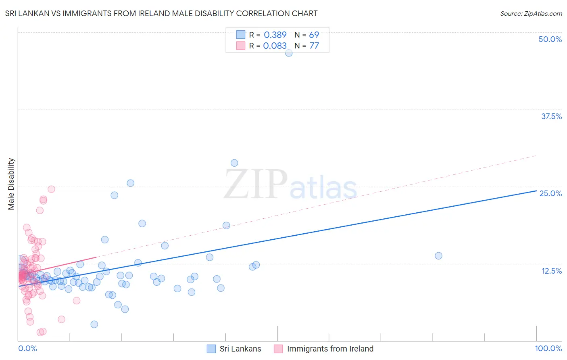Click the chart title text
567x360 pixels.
click(x=161, y=13)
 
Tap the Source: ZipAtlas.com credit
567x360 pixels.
click(x=531, y=13)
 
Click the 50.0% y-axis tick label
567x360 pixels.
click(x=550, y=39)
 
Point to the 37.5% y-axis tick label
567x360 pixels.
click(x=551, y=116)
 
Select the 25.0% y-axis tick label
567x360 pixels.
click(x=550, y=193)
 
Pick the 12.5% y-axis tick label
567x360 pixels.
click(x=551, y=271)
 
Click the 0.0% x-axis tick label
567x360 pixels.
click(x=27, y=348)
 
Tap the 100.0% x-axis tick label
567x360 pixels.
click(x=548, y=348)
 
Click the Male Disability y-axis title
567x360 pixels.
click(x=11, y=184)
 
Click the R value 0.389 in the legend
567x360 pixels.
click(x=275, y=35)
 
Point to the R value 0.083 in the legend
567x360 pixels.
click(x=275, y=46)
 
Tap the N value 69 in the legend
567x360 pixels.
click(x=314, y=35)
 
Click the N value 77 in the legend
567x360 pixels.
click(x=314, y=46)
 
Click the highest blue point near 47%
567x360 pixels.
click(x=289, y=52)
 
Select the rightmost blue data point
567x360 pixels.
click(x=438, y=255)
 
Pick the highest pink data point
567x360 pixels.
click(x=51, y=189)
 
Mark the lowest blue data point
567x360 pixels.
click(x=94, y=324)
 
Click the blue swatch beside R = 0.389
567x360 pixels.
click(x=241, y=35)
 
